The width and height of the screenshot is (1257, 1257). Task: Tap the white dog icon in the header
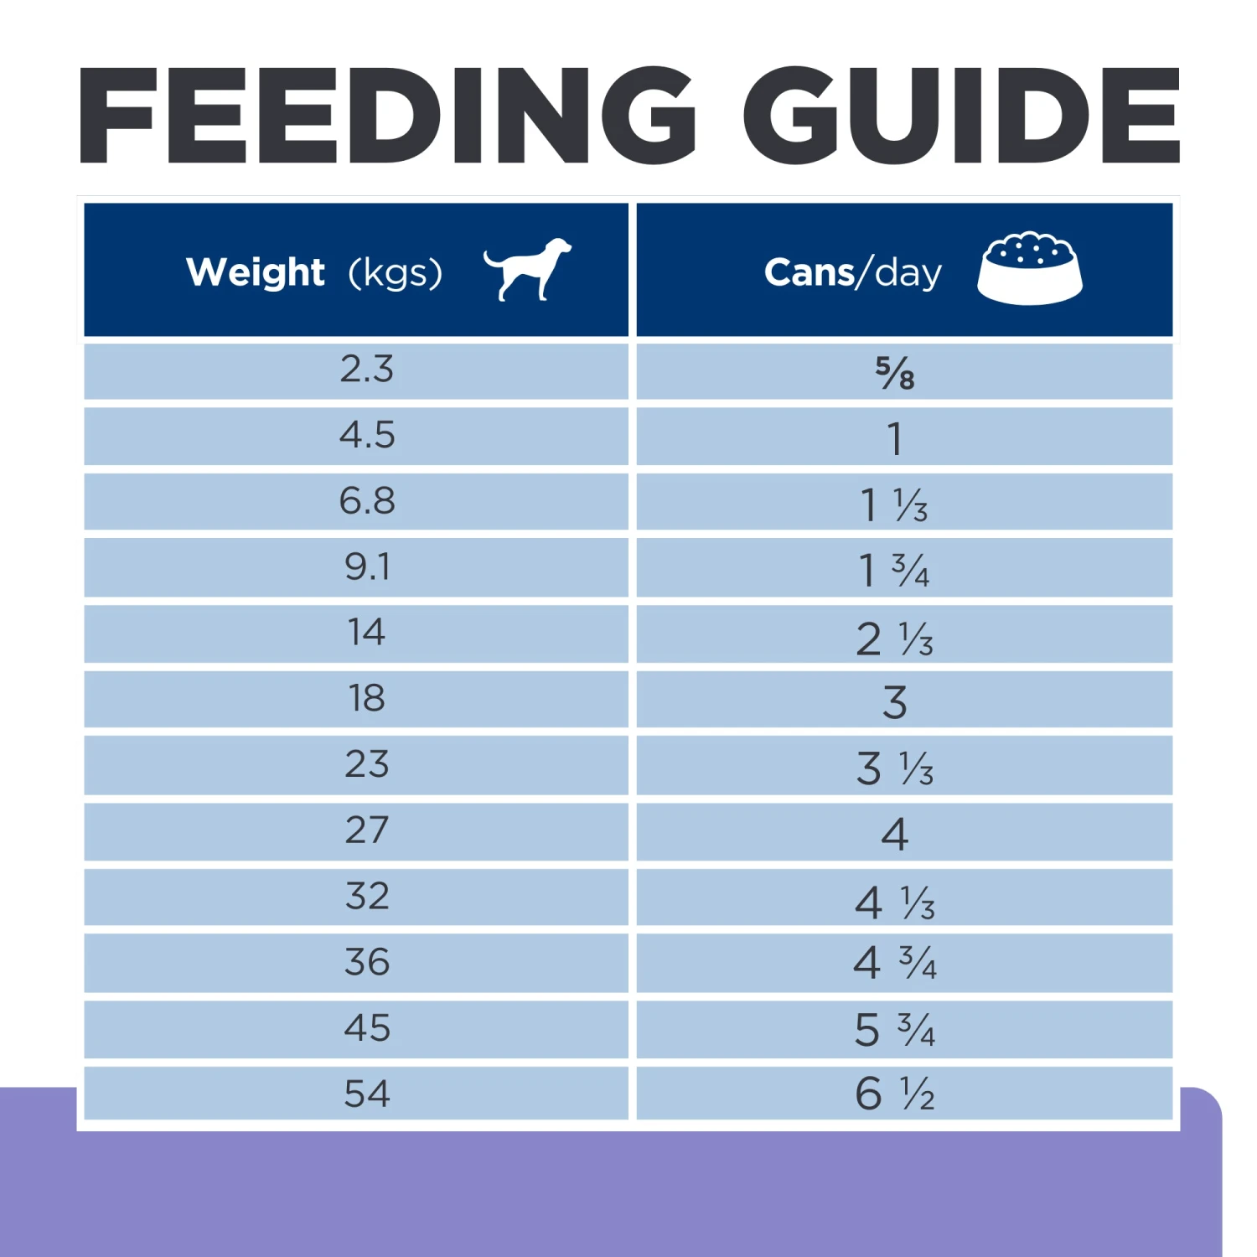click(528, 268)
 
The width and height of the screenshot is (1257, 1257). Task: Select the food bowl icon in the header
click(1030, 268)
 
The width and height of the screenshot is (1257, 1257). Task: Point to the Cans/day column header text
click(853, 272)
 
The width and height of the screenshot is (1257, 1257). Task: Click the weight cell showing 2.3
click(366, 370)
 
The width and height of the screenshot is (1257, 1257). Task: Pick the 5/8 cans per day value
click(895, 373)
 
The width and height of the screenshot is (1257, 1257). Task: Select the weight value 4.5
click(366, 436)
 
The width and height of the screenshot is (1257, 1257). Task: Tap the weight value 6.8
click(366, 501)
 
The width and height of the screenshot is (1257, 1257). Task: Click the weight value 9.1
click(366, 567)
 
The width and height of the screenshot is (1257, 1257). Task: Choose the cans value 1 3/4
click(894, 571)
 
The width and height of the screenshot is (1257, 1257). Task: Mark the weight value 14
click(366, 633)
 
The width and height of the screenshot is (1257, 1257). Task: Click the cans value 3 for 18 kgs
click(894, 702)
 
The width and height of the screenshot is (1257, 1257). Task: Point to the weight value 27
click(366, 830)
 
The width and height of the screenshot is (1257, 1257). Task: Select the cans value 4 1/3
click(894, 903)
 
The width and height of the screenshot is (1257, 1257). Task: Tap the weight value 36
click(366, 962)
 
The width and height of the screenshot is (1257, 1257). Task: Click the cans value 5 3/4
click(894, 1030)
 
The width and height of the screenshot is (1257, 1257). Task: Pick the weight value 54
click(366, 1094)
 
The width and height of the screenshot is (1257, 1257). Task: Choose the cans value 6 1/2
click(894, 1094)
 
